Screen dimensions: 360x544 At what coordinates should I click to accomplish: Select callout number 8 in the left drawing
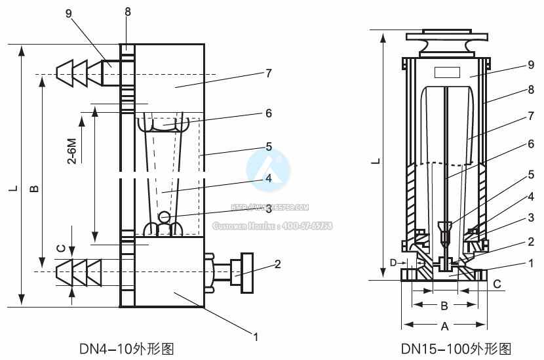click(128, 12)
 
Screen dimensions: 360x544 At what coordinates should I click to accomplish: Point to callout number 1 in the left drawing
click(256, 337)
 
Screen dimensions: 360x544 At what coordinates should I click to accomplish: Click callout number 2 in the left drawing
click(278, 264)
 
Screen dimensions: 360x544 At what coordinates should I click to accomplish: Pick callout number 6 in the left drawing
click(267, 113)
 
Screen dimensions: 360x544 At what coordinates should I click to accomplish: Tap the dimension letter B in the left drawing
click(34, 188)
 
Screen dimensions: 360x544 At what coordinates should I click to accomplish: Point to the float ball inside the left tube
click(165, 217)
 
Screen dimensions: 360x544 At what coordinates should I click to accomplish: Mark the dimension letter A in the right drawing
click(444, 325)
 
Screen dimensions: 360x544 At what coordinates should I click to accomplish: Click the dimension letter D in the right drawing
click(393, 262)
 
